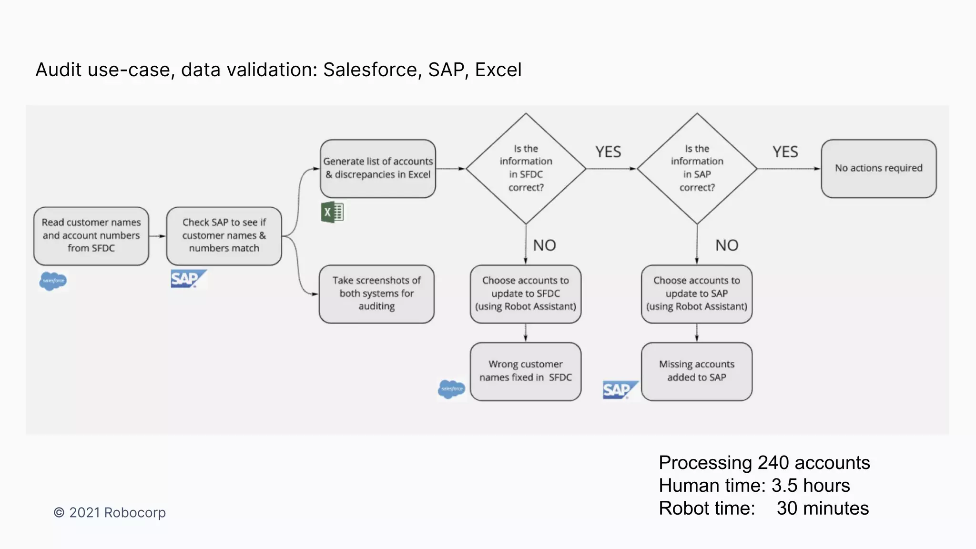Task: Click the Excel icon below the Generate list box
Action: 332,213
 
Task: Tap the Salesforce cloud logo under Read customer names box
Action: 53,281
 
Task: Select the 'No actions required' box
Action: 878,168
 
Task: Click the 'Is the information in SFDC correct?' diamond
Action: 526,168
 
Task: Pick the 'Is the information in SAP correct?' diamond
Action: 697,168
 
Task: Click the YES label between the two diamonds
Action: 608,152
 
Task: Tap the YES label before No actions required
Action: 785,152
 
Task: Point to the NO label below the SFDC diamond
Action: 544,245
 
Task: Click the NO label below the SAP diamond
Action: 726,245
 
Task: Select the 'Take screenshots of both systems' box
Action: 376,294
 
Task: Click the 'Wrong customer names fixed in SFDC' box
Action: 525,371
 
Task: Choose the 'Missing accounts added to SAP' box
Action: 696,371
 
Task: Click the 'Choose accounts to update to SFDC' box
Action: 525,294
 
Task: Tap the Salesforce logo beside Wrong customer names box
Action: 451,389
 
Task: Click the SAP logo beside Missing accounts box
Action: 619,390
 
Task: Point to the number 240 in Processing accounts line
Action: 773,463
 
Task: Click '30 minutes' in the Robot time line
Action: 823,508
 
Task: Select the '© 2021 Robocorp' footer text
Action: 110,513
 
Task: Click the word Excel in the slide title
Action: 498,70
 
